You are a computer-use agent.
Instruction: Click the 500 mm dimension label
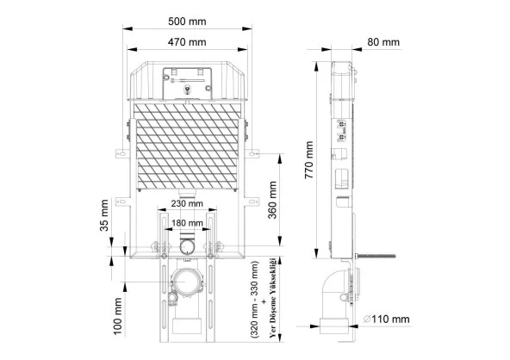(x=187, y=22)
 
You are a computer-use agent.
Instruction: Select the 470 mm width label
(x=187, y=42)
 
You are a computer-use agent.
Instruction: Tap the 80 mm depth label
(x=383, y=42)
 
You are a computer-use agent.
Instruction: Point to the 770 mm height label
(x=309, y=159)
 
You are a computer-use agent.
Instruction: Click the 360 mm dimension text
(x=272, y=200)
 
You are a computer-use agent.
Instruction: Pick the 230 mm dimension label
(x=187, y=203)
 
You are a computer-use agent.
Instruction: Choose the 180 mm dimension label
(x=187, y=223)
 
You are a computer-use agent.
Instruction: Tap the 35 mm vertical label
(x=103, y=215)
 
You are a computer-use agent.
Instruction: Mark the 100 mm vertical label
(x=117, y=316)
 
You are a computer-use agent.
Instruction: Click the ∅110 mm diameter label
(x=387, y=319)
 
